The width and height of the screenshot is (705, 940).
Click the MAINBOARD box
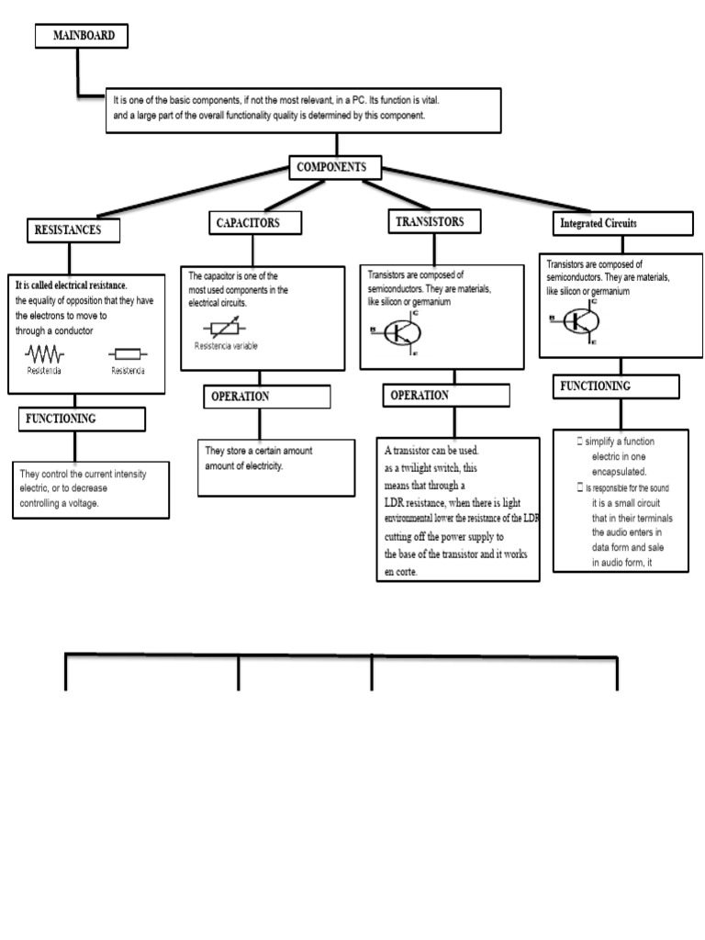[82, 36]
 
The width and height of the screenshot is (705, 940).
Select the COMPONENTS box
[335, 168]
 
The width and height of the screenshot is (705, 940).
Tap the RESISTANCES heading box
[73, 229]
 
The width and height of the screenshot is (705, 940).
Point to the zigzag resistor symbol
[44, 353]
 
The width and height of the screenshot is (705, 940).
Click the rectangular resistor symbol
[128, 353]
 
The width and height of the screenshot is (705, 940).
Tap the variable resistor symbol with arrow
[226, 329]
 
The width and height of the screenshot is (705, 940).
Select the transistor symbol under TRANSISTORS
[397, 332]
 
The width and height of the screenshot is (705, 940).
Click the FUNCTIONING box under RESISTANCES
[82, 420]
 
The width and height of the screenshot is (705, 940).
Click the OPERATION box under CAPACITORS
[266, 397]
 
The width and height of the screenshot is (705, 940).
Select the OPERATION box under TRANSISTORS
[446, 396]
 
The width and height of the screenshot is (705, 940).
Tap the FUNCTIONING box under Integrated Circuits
[617, 386]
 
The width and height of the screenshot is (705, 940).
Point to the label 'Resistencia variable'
[226, 346]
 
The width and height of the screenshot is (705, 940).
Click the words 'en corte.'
[401, 572]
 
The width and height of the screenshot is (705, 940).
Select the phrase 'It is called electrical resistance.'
[72, 285]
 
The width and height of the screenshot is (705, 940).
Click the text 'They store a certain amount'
[257, 451]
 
